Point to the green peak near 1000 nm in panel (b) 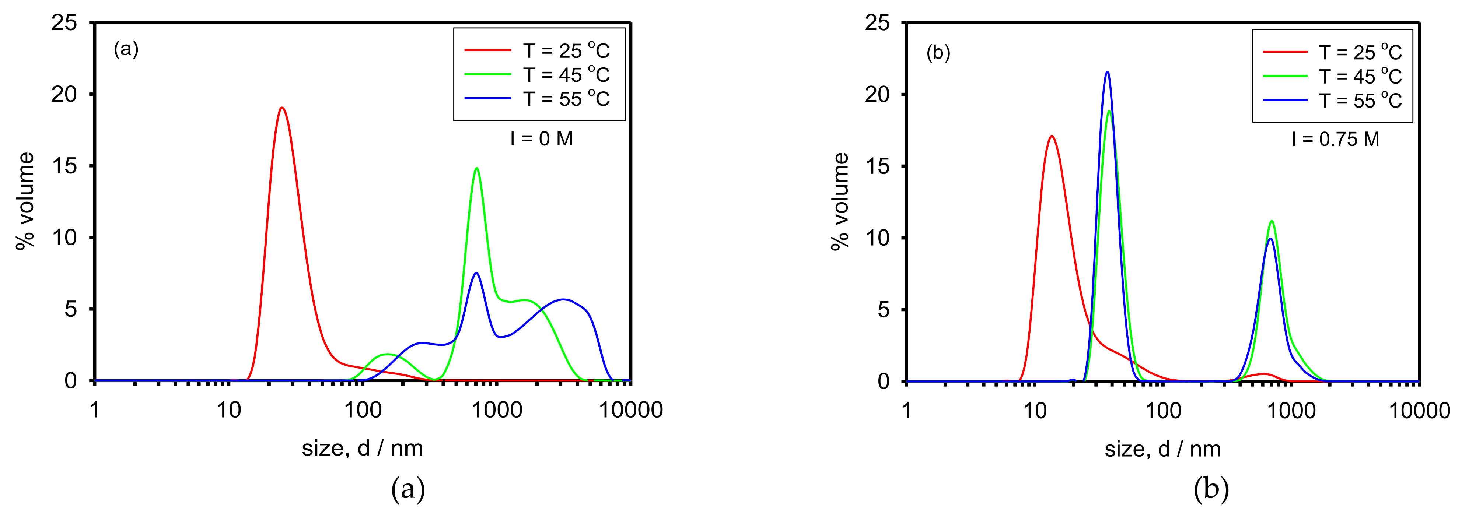click(x=1272, y=221)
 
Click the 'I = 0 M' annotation click(x=541, y=138)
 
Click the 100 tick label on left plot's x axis click(x=363, y=410)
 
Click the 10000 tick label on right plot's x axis click(x=1419, y=411)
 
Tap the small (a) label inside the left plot click(x=126, y=50)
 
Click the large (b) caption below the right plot click(x=1211, y=489)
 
